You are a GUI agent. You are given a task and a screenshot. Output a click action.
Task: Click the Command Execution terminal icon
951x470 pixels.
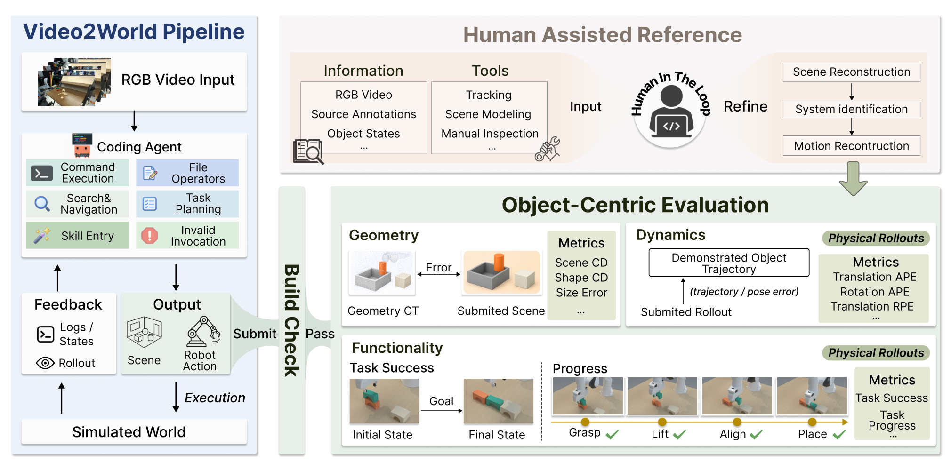pos(42,173)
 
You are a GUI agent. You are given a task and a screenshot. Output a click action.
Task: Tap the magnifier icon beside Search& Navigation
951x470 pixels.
pos(42,204)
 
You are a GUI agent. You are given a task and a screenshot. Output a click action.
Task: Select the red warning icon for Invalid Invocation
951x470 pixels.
pos(150,235)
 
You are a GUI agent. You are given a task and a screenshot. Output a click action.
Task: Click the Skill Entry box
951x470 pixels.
pos(78,235)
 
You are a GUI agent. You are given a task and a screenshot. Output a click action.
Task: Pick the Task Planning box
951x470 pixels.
pos(187,204)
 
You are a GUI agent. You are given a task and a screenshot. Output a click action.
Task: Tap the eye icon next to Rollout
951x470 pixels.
pos(45,363)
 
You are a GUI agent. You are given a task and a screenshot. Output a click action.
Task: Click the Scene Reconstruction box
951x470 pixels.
pos(852,72)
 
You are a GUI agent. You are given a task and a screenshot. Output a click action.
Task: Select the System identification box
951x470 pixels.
pos(852,109)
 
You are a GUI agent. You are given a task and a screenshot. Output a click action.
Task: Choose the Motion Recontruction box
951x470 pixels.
pos(852,146)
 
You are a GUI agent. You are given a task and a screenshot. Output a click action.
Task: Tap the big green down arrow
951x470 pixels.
pos(853,178)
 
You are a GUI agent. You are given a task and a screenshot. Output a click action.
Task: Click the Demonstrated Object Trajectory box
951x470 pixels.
pos(729,263)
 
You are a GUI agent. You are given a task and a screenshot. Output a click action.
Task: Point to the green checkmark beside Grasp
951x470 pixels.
pos(613,434)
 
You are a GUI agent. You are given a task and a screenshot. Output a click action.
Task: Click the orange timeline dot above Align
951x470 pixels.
pos(737,422)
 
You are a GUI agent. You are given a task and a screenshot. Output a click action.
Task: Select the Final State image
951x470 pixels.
pos(499,401)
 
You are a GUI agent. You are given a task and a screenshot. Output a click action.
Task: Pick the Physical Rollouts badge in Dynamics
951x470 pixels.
pos(876,238)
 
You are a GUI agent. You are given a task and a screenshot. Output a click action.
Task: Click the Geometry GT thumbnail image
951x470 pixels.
pos(382,273)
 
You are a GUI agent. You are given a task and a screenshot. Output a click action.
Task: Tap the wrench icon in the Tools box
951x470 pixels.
pos(547,150)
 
